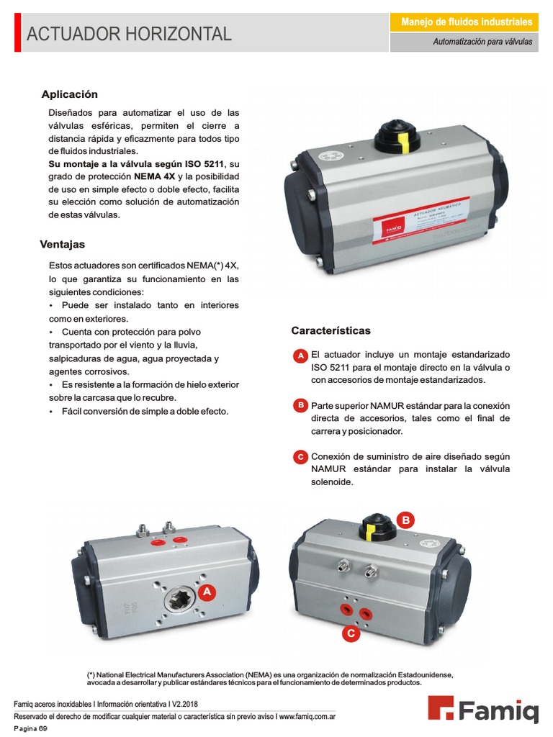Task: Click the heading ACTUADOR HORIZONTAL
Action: click(130, 34)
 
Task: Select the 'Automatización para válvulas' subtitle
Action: click(482, 42)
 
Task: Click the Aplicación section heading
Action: click(70, 94)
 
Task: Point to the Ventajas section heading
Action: click(63, 245)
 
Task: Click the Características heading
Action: click(331, 330)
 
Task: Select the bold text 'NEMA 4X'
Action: click(154, 176)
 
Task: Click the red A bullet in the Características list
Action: click(301, 357)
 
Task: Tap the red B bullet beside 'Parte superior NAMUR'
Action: click(301, 405)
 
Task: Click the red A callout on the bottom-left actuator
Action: click(207, 592)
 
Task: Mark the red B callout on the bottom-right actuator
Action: click(405, 520)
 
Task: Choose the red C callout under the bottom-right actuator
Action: click(350, 633)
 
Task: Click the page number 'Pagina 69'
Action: click(30, 729)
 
